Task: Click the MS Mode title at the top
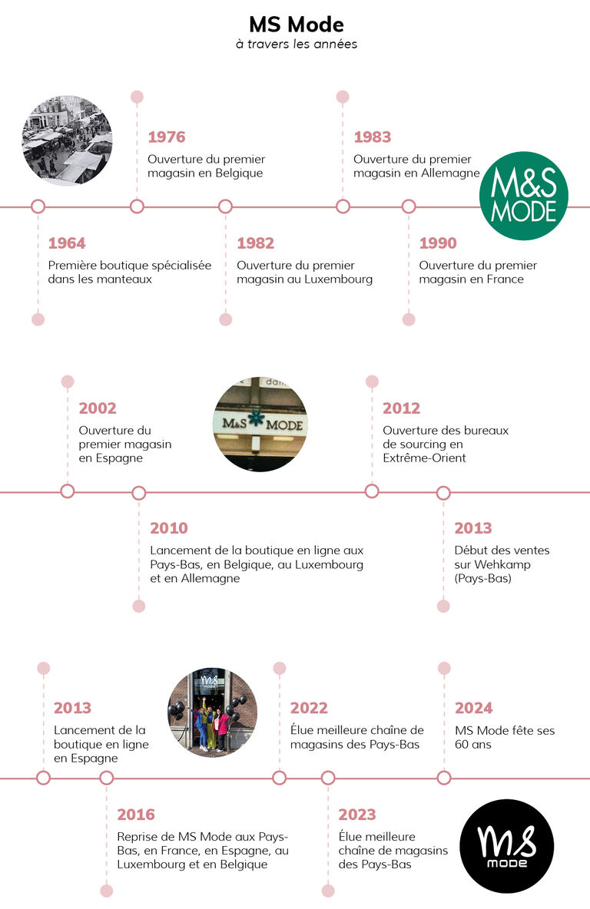tap(296, 25)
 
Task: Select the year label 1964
tap(67, 243)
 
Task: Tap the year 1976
tap(167, 137)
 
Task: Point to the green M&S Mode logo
tap(523, 196)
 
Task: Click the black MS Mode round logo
tap(506, 846)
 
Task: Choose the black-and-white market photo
tap(67, 140)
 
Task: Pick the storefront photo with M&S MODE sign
tap(260, 424)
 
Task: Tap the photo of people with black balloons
tap(212, 712)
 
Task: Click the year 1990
tap(438, 243)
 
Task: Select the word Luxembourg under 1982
tap(339, 279)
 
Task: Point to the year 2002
tap(98, 408)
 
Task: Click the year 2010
tap(169, 528)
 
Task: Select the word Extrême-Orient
tap(424, 458)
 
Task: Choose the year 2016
tap(136, 815)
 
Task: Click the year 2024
tap(474, 708)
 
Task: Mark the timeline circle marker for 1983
tap(343, 207)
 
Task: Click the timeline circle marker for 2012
tap(372, 491)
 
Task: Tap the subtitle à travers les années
tap(296, 45)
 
